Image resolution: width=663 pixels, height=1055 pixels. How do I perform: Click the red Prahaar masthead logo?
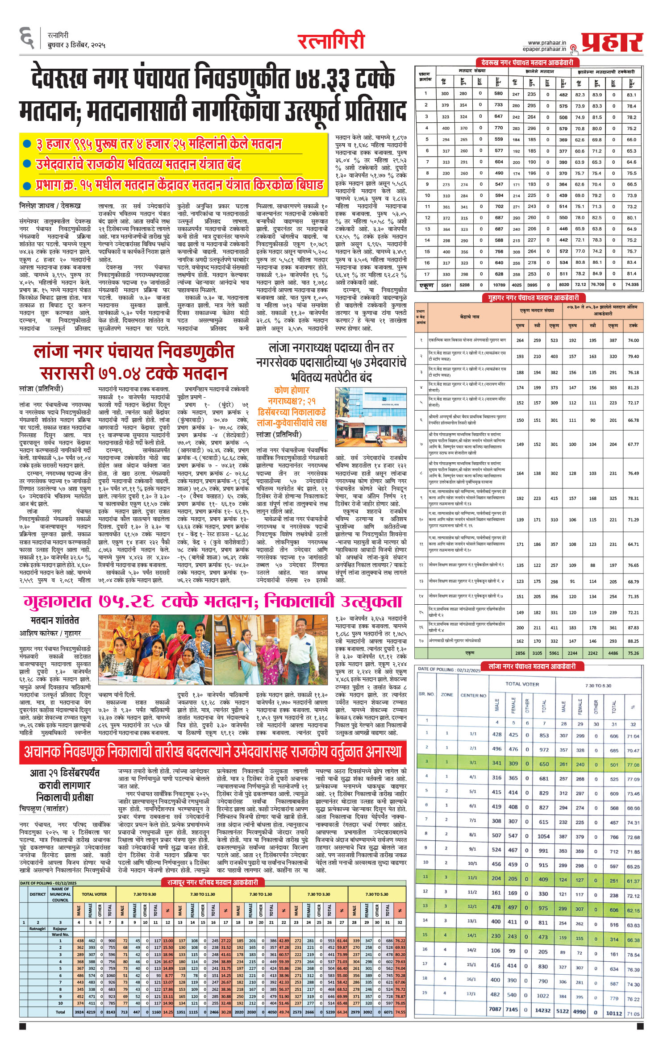point(612,43)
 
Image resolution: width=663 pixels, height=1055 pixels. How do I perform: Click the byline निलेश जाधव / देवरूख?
point(50,206)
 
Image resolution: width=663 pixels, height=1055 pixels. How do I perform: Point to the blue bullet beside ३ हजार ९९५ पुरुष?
point(27,144)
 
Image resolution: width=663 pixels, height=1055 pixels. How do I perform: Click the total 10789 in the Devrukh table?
point(499,285)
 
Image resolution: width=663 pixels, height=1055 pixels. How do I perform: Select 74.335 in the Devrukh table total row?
point(631,284)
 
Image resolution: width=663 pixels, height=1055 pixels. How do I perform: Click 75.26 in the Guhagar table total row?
point(633,653)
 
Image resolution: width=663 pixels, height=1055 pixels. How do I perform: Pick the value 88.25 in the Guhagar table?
point(633,640)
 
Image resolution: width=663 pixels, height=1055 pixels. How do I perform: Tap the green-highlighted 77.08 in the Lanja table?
point(633,765)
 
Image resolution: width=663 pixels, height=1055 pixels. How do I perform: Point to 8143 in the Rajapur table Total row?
point(111,1012)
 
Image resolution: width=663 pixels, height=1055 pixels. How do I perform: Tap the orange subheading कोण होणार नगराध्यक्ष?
point(292,395)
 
